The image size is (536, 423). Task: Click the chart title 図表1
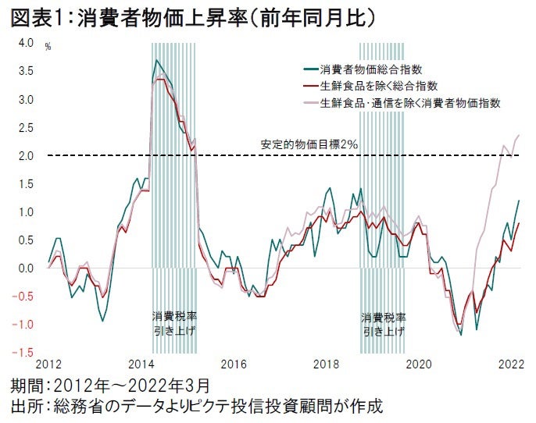click(31, 16)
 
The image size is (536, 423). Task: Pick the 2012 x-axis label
click(48, 364)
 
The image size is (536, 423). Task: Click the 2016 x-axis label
click(234, 364)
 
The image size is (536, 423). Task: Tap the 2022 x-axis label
click(511, 364)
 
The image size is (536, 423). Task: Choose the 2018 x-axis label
click(326, 364)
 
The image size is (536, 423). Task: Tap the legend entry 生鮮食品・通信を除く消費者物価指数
click(409, 102)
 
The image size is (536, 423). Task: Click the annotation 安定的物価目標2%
click(309, 144)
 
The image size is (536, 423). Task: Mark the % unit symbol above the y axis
click(48, 48)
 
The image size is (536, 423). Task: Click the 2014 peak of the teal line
click(157, 60)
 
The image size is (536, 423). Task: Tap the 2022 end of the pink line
click(520, 135)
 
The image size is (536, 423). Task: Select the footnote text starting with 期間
click(109, 386)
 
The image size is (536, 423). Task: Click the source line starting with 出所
click(195, 407)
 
